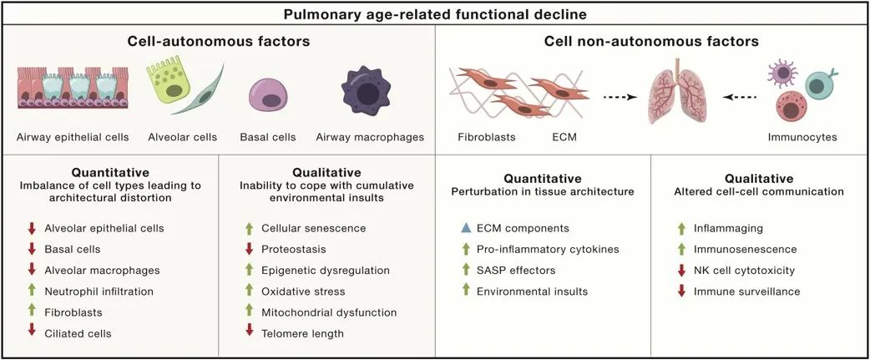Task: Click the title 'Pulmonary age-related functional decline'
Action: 435,14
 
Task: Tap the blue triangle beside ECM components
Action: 466,228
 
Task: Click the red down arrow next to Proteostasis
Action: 249,249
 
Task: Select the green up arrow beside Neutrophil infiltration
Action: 33,292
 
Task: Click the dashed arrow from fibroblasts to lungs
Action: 620,97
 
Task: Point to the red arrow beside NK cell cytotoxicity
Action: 682,270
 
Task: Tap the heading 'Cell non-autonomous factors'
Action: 651,42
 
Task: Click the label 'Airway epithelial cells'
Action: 73,137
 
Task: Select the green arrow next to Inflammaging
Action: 682,228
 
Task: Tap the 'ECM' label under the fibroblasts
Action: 564,136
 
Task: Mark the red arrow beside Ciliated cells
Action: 33,333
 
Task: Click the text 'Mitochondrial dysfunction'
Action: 329,312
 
